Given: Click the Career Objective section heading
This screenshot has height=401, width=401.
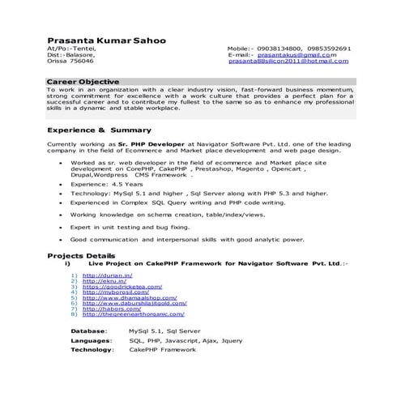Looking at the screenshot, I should pyautogui.click(x=83, y=82).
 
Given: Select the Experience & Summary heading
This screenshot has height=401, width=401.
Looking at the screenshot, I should pyautogui.click(x=99, y=130).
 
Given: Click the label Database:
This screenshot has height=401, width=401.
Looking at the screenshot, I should pyautogui.click(x=88, y=331).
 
